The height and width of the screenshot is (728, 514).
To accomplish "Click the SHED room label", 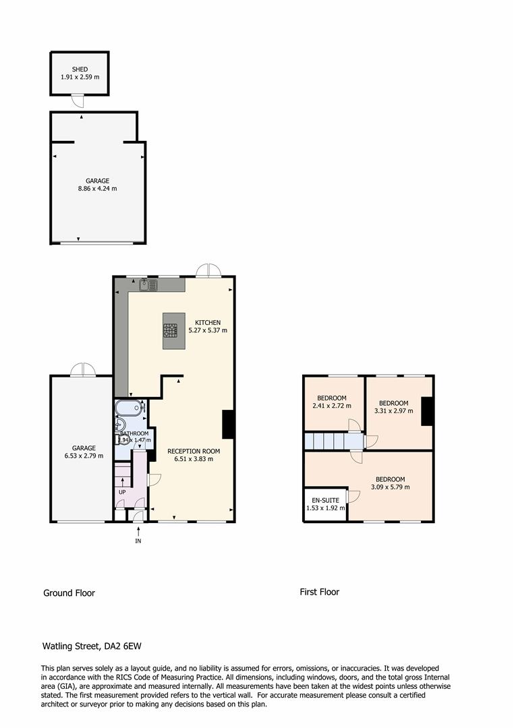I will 80,69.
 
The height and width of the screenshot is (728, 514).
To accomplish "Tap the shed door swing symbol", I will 78,100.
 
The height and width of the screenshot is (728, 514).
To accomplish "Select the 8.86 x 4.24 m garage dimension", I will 97,189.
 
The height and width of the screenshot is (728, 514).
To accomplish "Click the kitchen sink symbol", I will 148,286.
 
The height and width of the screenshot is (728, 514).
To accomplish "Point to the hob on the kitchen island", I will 170,330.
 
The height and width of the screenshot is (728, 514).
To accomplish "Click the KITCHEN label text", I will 208,322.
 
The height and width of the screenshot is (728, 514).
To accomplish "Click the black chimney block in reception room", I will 228,425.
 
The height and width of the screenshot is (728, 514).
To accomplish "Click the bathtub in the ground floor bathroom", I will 128,408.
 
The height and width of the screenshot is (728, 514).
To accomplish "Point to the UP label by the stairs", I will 122,491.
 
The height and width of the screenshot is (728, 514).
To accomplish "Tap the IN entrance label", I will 138,541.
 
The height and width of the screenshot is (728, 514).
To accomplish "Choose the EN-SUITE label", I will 324,500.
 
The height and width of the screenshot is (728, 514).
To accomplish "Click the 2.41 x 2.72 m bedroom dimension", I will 332,406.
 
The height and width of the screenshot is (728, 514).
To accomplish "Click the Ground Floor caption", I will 69,593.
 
